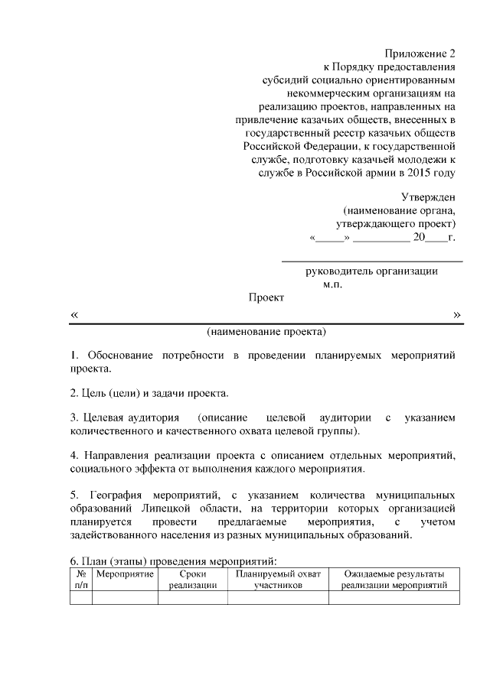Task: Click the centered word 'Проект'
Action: point(266,297)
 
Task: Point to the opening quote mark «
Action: point(73,315)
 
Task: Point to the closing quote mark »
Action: point(456,314)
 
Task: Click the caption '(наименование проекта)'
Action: point(266,333)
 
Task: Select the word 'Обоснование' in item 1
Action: point(119,356)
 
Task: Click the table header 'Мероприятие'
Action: point(126,573)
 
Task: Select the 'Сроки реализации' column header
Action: point(193,579)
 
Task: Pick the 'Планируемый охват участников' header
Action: point(279,579)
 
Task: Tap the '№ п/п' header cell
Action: point(80,579)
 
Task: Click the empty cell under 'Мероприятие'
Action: point(126,598)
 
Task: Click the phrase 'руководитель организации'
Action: point(372,271)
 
